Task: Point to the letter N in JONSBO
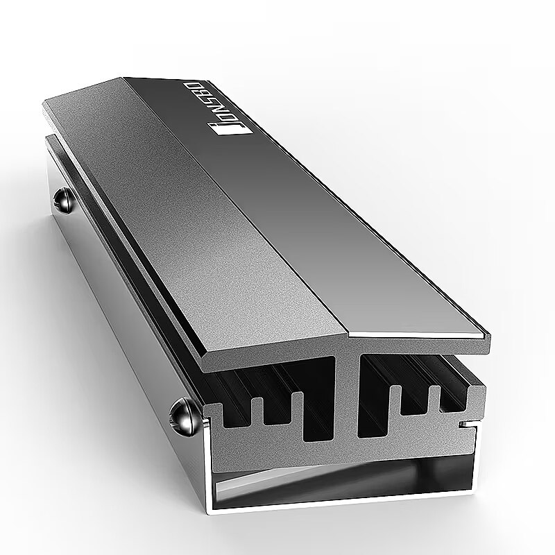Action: [x=220, y=112]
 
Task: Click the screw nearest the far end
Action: [x=64, y=201]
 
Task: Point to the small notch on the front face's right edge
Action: [x=467, y=424]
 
